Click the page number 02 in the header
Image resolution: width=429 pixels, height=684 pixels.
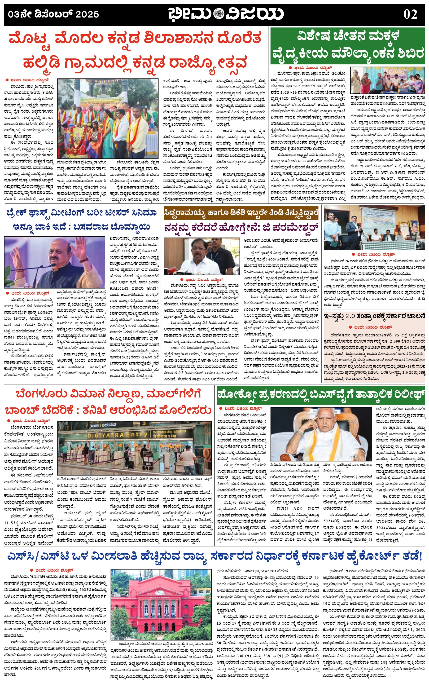pyautogui.click(x=410, y=14)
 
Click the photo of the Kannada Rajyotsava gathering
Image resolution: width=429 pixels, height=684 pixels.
pyautogui.click(x=108, y=118)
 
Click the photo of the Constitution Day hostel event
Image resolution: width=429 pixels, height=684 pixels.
pyautogui.click(x=374, y=227)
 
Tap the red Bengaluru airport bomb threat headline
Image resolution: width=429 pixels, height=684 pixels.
pyautogui.click(x=108, y=402)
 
